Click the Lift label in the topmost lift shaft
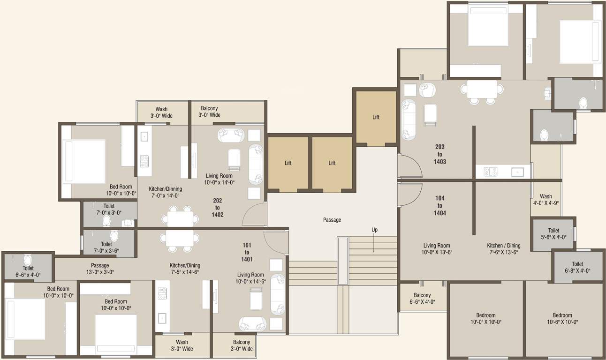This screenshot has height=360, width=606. (376, 117)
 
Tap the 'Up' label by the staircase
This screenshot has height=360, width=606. (374, 230)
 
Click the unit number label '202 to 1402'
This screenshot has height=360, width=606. (218, 208)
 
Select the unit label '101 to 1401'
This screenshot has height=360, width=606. (247, 252)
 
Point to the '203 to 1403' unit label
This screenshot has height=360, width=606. (439, 154)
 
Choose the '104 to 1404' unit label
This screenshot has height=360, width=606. (439, 205)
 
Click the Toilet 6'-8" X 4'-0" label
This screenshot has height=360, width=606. (577, 267)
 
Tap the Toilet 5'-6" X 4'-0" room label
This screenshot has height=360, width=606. (553, 234)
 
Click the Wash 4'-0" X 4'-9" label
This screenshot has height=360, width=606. (545, 200)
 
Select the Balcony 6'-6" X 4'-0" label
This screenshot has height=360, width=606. (422, 299)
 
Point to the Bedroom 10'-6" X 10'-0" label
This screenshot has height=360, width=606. (562, 319)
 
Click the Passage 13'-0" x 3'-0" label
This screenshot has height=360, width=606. (100, 269)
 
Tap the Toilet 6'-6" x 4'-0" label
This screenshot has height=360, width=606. (28, 271)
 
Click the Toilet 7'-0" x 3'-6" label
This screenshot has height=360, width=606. (106, 247)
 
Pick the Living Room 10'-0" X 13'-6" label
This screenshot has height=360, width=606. (437, 248)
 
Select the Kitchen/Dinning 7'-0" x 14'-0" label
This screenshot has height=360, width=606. (165, 192)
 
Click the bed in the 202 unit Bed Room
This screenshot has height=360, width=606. (83, 161)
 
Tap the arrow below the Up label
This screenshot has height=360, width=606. (374, 243)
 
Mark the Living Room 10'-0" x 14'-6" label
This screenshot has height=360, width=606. (250, 278)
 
